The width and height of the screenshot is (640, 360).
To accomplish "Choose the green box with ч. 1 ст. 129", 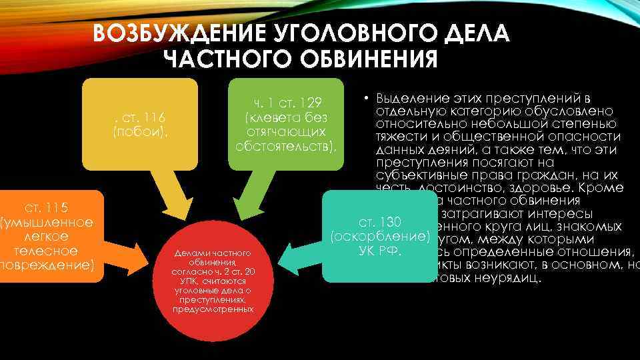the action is click(x=287, y=123).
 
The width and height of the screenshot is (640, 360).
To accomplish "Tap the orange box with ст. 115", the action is click(x=47, y=233).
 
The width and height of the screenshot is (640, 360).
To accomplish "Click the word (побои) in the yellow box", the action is click(x=139, y=131).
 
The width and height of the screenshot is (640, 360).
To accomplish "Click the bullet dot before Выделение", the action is click(x=367, y=97).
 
